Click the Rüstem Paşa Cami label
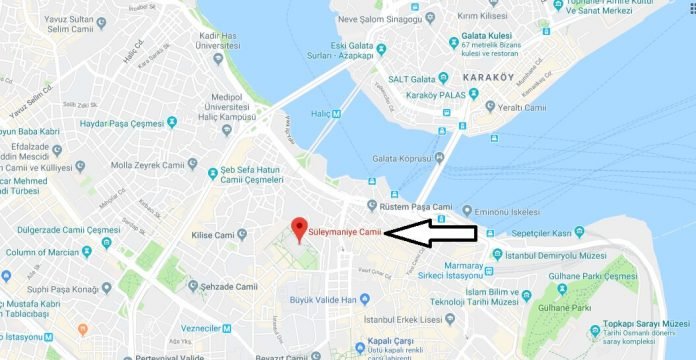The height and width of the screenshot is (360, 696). tap(409, 207)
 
